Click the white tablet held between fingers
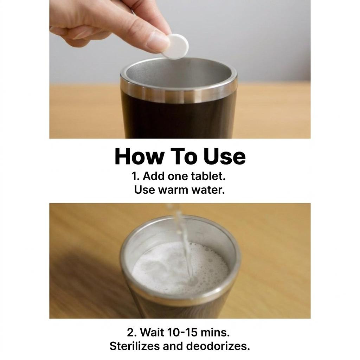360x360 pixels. coord(176,47)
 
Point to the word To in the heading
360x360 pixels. coord(184,156)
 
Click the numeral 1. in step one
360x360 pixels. coord(135,176)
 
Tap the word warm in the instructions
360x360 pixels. coord(173,190)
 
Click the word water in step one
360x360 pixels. coord(208,190)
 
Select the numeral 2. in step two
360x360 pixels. coord(132,333)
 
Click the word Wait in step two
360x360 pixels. coord(152,333)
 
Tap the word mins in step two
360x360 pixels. coord(215,333)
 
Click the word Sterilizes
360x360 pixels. coord(135,346)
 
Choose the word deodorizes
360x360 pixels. coord(218,346)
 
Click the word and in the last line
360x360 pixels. coord(173,346)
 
